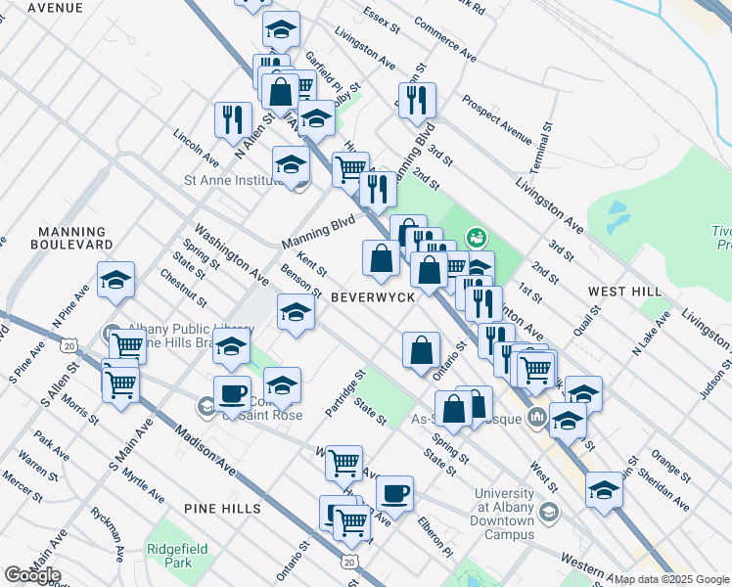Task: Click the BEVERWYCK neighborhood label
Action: (x=373, y=295)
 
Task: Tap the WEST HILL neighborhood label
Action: (x=624, y=292)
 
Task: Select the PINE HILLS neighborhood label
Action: (x=221, y=509)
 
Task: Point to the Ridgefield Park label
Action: (x=171, y=556)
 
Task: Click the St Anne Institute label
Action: (x=234, y=180)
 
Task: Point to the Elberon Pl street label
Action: (x=434, y=537)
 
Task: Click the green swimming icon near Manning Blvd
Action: (x=477, y=236)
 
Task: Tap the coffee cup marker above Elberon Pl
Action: (x=394, y=493)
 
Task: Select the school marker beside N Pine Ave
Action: (x=115, y=280)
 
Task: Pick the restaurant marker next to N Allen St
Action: (x=233, y=119)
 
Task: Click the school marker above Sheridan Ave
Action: (x=604, y=488)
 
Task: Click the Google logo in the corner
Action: (x=32, y=575)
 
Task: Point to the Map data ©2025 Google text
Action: (x=671, y=579)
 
